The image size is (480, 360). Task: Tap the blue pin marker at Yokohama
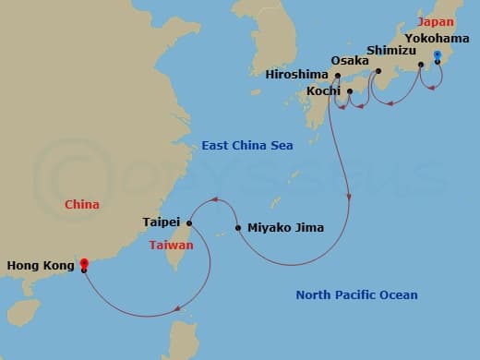[x=438, y=58]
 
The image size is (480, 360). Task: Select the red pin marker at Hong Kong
[x=84, y=266]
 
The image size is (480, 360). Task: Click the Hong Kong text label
[x=40, y=266]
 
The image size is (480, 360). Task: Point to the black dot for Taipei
[x=189, y=222]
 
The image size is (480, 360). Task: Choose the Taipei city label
[x=162, y=222]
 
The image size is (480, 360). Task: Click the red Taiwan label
[x=171, y=245]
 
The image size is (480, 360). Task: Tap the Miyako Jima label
[x=285, y=227]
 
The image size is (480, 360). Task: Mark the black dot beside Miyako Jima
[x=238, y=227]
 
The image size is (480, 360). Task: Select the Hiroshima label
[x=296, y=75]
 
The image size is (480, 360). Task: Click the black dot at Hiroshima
[x=338, y=76]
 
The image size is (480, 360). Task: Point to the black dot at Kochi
[x=349, y=91]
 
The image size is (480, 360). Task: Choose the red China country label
[x=81, y=204]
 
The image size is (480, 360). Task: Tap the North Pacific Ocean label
[x=356, y=295]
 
